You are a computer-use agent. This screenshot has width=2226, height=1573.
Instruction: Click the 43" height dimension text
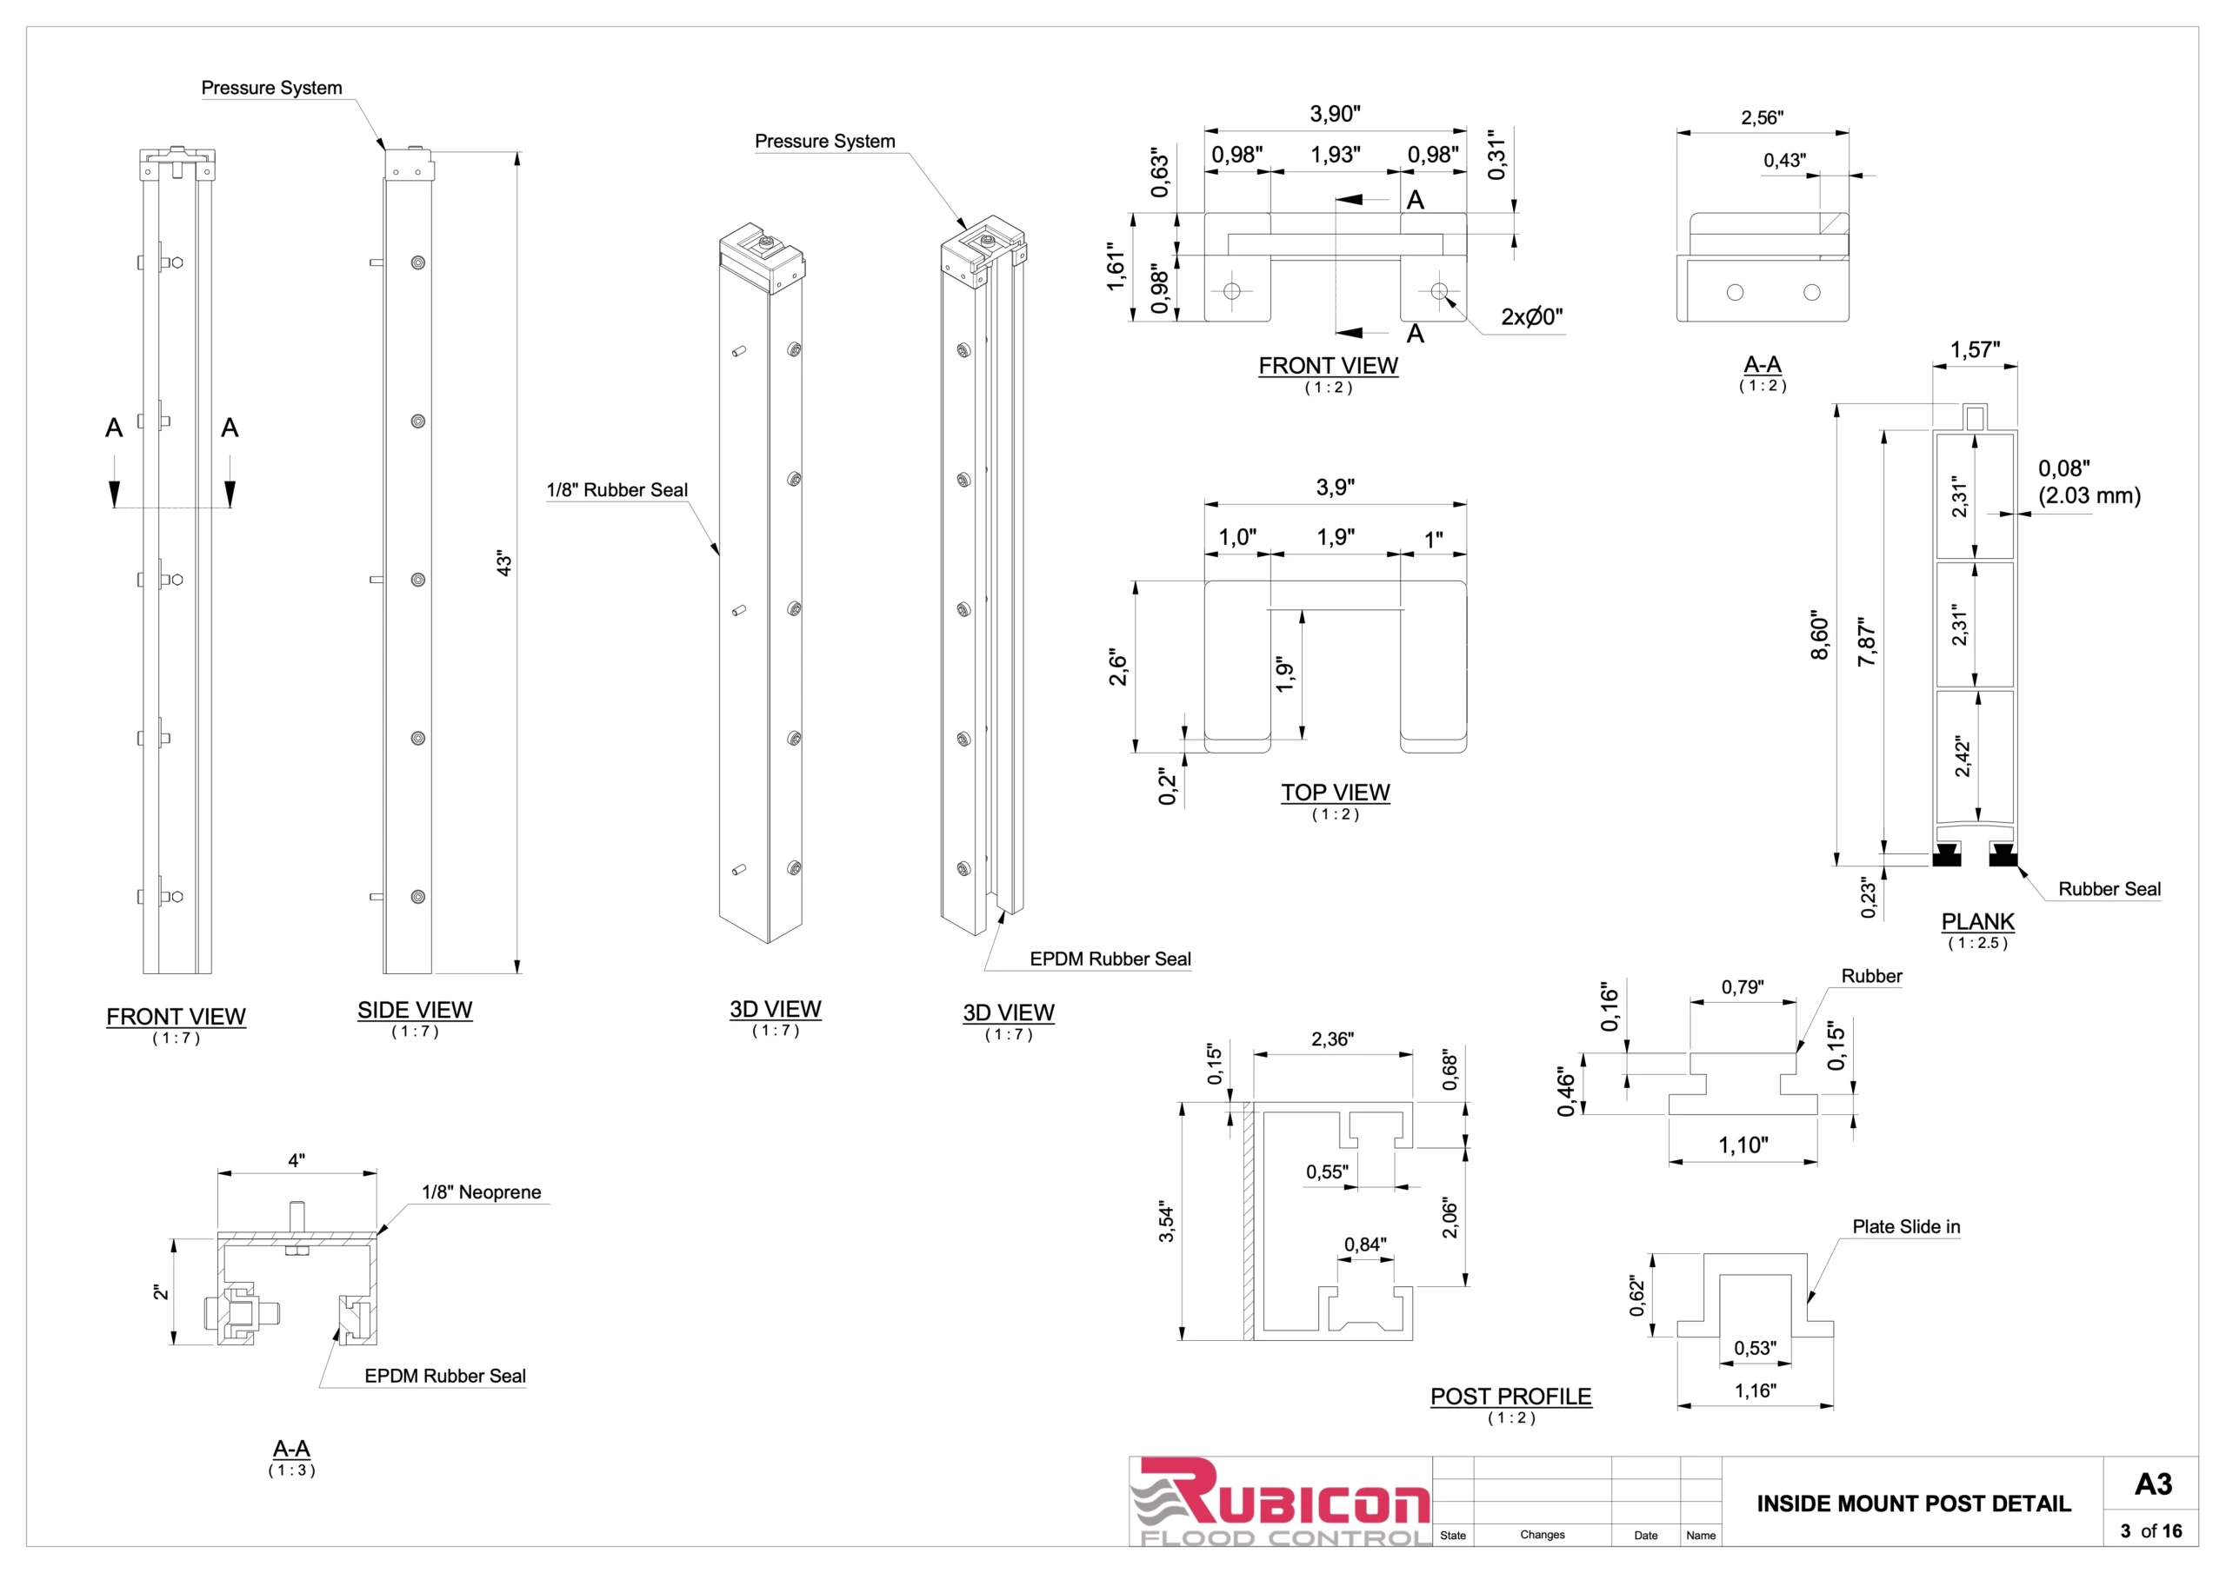click(x=503, y=563)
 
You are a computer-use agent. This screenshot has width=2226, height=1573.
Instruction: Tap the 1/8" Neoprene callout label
click(x=481, y=1192)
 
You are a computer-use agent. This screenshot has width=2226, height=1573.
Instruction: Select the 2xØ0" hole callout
click(x=1531, y=317)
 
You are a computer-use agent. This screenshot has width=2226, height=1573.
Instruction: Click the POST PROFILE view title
click(x=1510, y=1397)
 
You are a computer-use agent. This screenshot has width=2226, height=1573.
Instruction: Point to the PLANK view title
click(x=1978, y=922)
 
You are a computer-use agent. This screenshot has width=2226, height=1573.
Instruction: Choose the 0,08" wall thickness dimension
click(x=2064, y=469)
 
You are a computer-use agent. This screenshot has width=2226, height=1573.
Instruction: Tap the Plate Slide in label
click(x=1905, y=1227)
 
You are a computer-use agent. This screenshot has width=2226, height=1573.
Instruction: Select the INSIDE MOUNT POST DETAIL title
click(x=1913, y=1503)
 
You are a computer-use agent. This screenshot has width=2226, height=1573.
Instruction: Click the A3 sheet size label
click(x=2153, y=1483)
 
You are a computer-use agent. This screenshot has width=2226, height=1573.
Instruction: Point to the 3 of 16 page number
click(x=2150, y=1531)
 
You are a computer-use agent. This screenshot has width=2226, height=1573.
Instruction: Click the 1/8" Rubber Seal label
click(x=616, y=490)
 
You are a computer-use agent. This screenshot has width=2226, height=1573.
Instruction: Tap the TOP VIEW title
click(x=1335, y=793)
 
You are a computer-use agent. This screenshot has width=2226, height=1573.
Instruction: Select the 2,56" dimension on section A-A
click(x=1762, y=118)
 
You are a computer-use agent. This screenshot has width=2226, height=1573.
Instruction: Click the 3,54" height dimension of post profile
click(x=1166, y=1223)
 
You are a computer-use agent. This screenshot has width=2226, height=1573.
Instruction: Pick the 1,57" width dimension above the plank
click(x=1974, y=350)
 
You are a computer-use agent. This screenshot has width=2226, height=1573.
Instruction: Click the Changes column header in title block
click(x=1542, y=1536)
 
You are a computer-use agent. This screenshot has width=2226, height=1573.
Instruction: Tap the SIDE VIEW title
click(x=414, y=1010)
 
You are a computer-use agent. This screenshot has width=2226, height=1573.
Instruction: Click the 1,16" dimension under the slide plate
click(x=1755, y=1390)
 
